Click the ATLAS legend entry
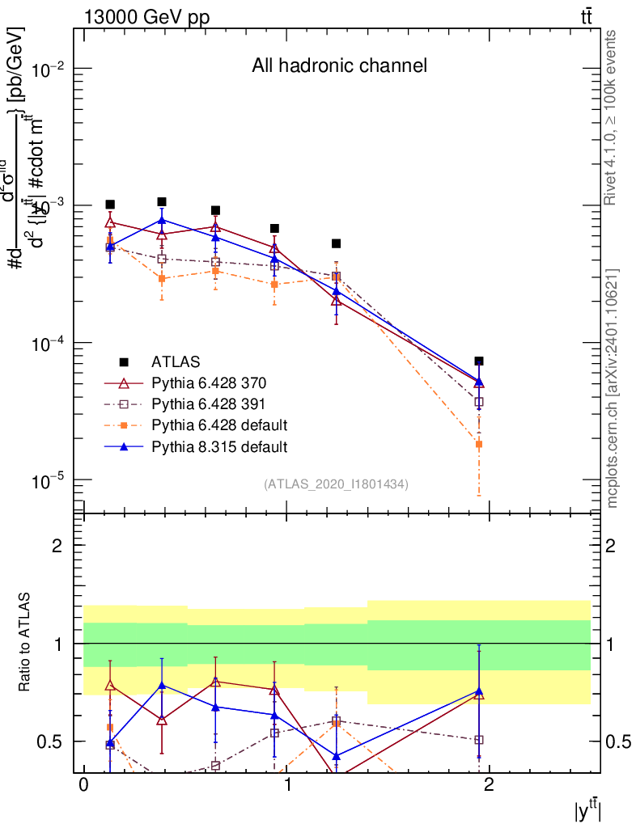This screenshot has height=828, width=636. tap(175, 361)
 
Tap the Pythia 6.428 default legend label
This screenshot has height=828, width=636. tap(219, 425)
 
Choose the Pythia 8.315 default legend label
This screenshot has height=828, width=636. tap(219, 446)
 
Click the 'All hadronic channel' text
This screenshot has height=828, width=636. tap(339, 65)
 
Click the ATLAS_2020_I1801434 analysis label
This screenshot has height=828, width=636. tap(335, 484)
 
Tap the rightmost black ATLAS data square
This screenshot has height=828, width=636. tap(479, 361)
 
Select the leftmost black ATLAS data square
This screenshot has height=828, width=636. tap(110, 205)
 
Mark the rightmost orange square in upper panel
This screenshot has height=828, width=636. tap(479, 444)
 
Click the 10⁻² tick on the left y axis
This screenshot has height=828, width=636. tap(50, 70)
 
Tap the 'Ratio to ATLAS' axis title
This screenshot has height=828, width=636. tap(26, 644)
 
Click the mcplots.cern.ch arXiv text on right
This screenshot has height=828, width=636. tap(613, 388)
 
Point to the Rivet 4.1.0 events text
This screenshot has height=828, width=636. tap(613, 117)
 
